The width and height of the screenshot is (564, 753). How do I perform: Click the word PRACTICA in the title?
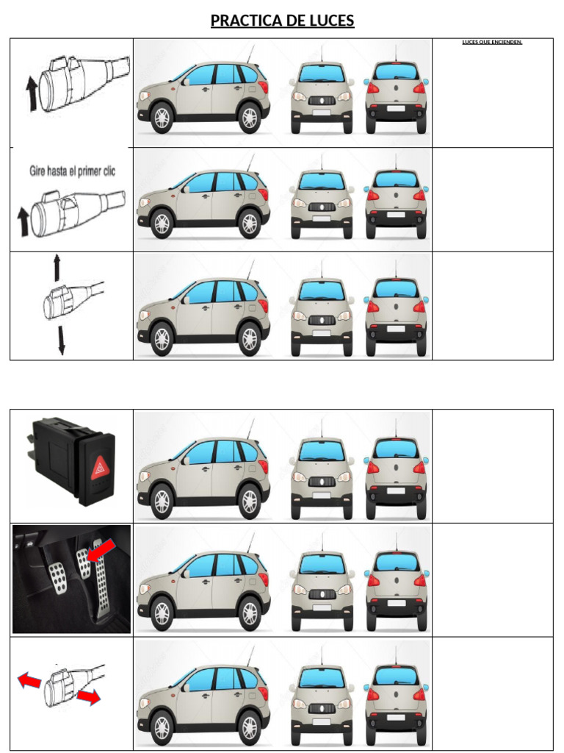(x=245, y=21)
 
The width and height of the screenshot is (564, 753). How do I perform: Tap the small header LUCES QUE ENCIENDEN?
(x=492, y=42)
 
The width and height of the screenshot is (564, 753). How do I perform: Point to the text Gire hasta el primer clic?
(x=71, y=171)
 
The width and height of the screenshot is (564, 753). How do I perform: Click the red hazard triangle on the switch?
(x=98, y=467)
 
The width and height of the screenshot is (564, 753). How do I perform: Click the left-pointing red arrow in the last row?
(x=30, y=682)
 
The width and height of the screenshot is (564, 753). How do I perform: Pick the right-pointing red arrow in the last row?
(x=89, y=696)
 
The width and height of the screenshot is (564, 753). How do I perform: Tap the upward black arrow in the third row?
(x=57, y=268)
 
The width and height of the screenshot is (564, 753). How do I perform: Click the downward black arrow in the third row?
(x=61, y=341)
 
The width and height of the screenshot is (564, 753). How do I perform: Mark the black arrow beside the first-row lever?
(x=31, y=93)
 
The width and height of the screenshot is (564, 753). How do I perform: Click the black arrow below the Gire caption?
(x=23, y=221)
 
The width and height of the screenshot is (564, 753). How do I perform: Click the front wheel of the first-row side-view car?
(x=162, y=118)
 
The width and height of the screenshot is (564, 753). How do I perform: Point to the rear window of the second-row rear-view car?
(x=396, y=181)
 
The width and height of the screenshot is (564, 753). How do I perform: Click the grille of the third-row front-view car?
(x=321, y=320)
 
